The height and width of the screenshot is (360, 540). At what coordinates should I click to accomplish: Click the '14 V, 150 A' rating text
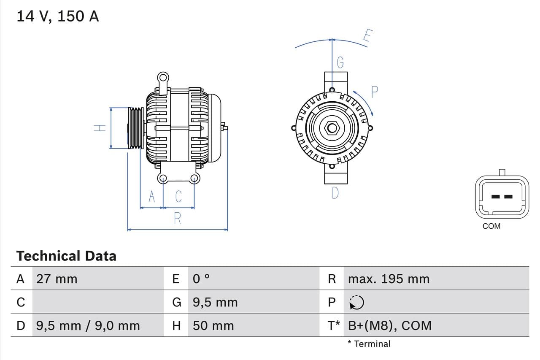coord(58,16)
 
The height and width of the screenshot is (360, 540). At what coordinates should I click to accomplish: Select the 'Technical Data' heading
coord(66,256)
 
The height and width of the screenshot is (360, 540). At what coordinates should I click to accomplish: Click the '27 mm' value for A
coord(57,279)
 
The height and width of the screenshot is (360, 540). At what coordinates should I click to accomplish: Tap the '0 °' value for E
coord(201,279)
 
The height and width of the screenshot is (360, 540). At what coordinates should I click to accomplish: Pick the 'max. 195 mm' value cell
coord(389,279)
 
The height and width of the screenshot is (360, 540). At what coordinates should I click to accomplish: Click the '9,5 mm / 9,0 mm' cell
coord(88,326)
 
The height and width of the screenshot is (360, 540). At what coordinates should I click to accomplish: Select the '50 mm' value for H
coord(213,326)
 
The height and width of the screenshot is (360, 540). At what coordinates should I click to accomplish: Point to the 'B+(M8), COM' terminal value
coord(390,326)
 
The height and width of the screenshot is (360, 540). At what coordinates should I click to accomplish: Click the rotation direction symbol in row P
coord(357,302)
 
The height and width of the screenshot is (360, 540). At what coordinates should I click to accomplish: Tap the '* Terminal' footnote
coord(369,344)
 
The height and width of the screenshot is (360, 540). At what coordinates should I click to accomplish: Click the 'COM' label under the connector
coord(491,226)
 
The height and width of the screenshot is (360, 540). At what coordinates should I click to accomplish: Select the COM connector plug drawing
coord(502,197)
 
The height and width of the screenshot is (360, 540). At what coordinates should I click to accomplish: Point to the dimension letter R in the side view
coord(178,219)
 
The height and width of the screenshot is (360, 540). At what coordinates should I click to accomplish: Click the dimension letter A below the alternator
coord(152,197)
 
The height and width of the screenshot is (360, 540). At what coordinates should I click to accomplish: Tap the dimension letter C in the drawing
coord(178,197)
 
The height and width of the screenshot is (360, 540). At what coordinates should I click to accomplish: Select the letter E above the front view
coord(367,37)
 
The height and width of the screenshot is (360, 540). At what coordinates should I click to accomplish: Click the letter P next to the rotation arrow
coord(374,92)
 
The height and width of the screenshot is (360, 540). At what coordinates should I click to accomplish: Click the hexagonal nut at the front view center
coord(332,128)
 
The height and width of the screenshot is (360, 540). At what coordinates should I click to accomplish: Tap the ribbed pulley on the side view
coord(136,128)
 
